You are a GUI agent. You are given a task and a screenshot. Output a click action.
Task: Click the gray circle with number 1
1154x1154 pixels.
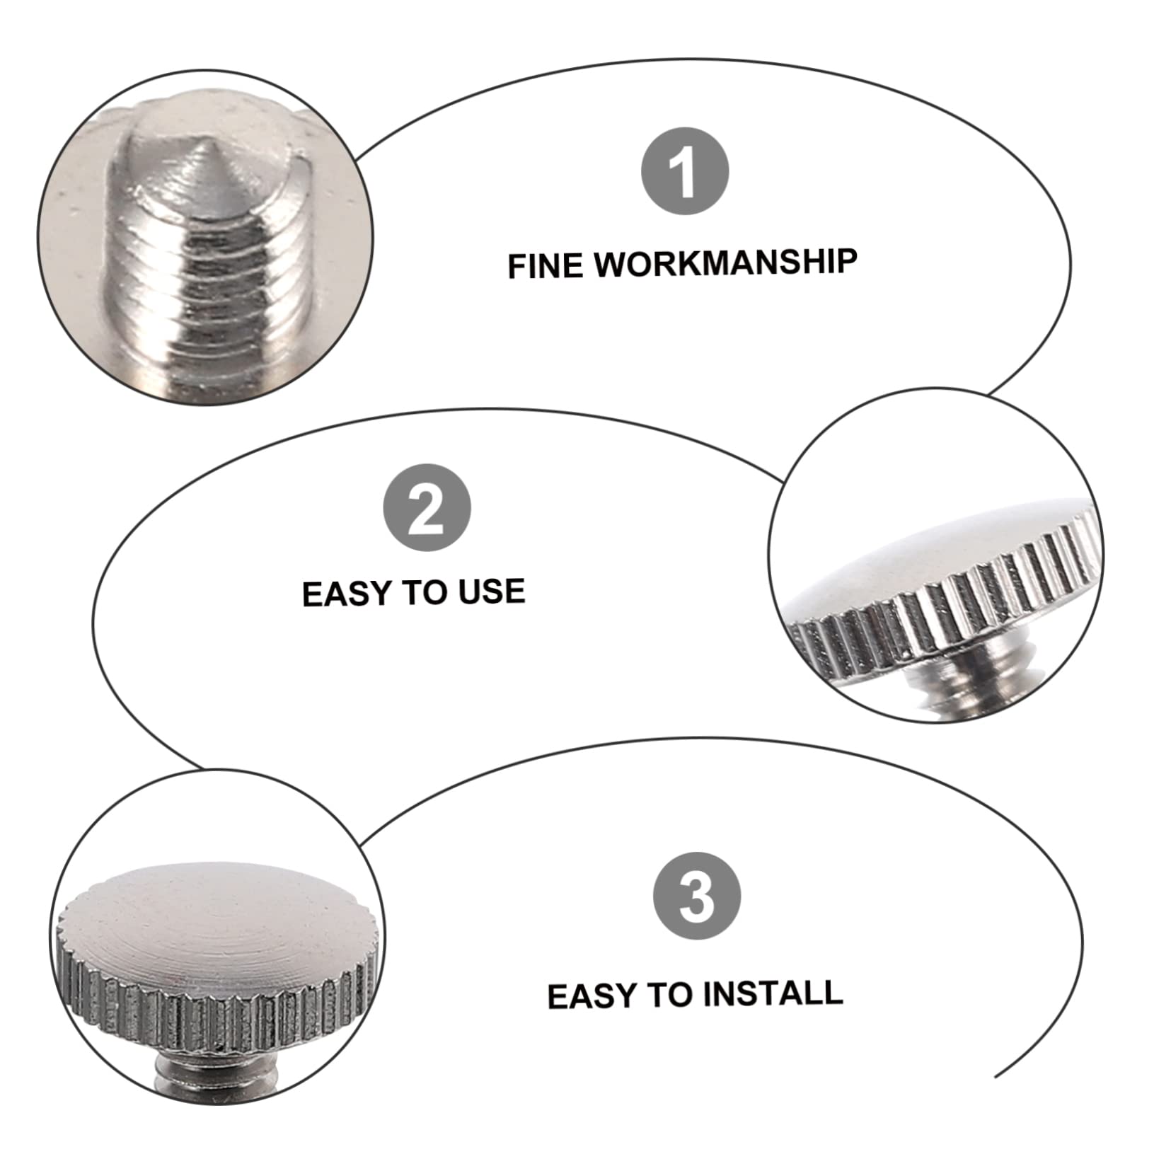684,171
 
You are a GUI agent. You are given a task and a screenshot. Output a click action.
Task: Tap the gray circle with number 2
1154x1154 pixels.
427,507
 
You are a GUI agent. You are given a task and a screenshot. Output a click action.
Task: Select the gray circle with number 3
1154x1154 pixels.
697,895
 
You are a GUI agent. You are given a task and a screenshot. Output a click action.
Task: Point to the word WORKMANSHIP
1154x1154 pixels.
725,262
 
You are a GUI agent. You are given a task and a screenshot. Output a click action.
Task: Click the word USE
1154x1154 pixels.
491,591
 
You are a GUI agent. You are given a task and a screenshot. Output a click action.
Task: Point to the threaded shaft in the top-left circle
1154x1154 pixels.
212,304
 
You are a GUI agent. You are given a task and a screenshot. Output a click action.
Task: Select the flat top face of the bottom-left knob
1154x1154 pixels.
219,920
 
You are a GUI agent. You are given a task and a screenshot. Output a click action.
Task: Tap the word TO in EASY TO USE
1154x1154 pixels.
429,592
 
